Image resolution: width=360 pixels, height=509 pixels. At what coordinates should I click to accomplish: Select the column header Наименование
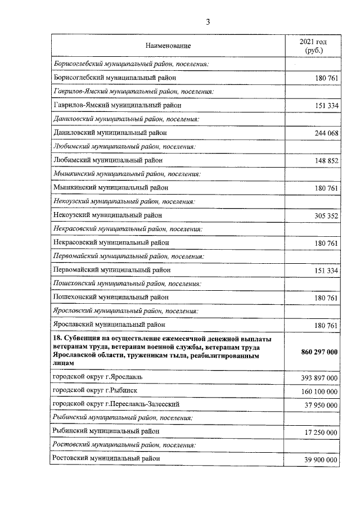click(168, 45)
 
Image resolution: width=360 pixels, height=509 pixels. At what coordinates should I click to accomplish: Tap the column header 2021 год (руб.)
click(313, 46)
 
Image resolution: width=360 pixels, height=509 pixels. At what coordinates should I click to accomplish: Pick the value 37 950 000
click(319, 405)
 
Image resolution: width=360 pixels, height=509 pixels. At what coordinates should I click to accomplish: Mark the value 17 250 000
click(319, 433)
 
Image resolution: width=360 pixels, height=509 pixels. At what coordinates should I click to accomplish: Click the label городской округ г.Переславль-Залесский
click(117, 404)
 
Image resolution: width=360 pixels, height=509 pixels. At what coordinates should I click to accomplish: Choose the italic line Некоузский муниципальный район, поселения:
click(124, 201)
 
